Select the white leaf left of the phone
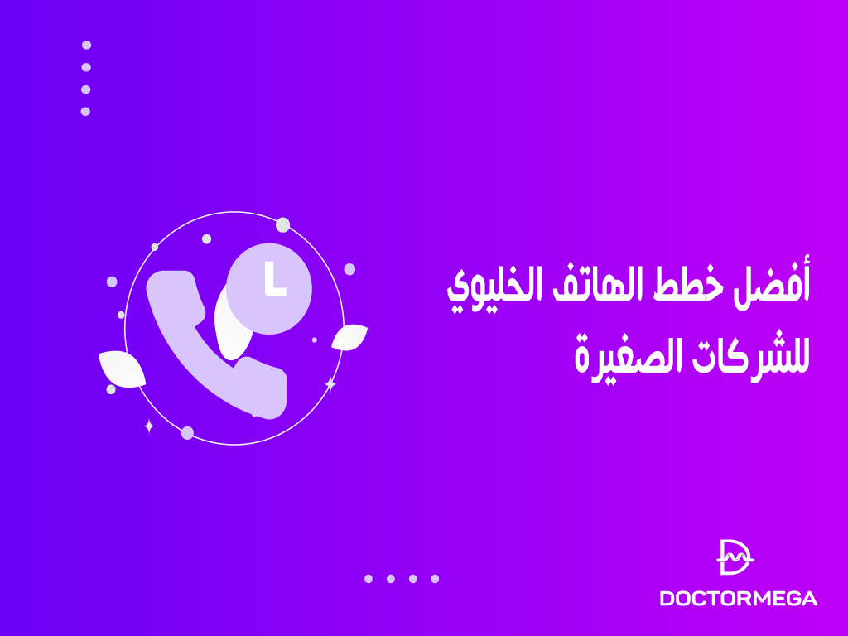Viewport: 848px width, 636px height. (x=121, y=369)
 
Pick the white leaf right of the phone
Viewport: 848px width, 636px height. (x=349, y=337)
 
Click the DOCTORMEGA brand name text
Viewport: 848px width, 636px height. (x=738, y=598)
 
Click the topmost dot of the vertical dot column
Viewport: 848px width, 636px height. (x=86, y=45)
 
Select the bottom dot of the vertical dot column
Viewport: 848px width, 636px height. (x=85, y=111)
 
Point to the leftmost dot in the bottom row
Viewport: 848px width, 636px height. (x=369, y=579)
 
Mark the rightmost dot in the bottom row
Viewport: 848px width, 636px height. (x=435, y=579)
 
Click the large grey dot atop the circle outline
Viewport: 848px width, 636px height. (x=282, y=224)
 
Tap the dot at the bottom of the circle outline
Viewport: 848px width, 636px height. (x=187, y=432)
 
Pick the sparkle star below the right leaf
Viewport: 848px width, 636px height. (x=330, y=384)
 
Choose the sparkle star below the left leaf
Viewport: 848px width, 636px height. (x=149, y=426)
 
